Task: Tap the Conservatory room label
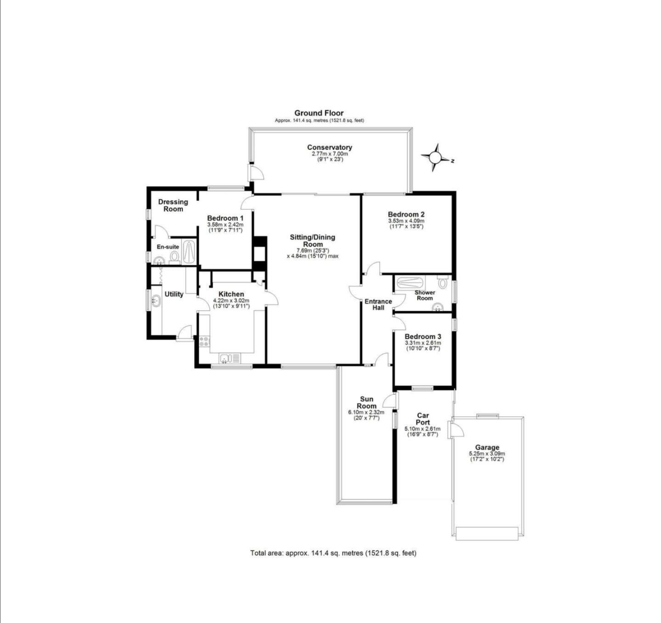pyautogui.click(x=329, y=147)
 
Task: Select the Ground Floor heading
pyautogui.click(x=319, y=113)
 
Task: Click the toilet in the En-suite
pyautogui.click(x=174, y=257)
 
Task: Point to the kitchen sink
pyautogui.click(x=229, y=359)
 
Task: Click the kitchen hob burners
pyautogui.click(x=204, y=341)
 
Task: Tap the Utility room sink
pyautogui.click(x=155, y=301)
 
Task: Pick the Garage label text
pyautogui.click(x=487, y=448)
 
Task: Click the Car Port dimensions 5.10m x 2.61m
pyautogui.click(x=422, y=429)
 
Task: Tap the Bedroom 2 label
pyautogui.click(x=406, y=214)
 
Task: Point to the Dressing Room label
pyautogui.click(x=173, y=205)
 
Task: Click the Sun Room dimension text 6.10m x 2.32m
pyautogui.click(x=366, y=412)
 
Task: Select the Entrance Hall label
pyautogui.click(x=378, y=304)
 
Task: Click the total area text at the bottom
pyautogui.click(x=333, y=553)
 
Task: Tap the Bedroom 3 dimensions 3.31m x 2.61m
pyautogui.click(x=423, y=343)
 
